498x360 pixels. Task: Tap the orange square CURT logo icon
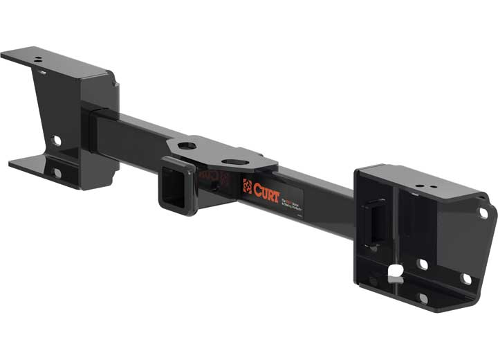tap(247, 186)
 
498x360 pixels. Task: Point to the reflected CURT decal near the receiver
tap(207, 176)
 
